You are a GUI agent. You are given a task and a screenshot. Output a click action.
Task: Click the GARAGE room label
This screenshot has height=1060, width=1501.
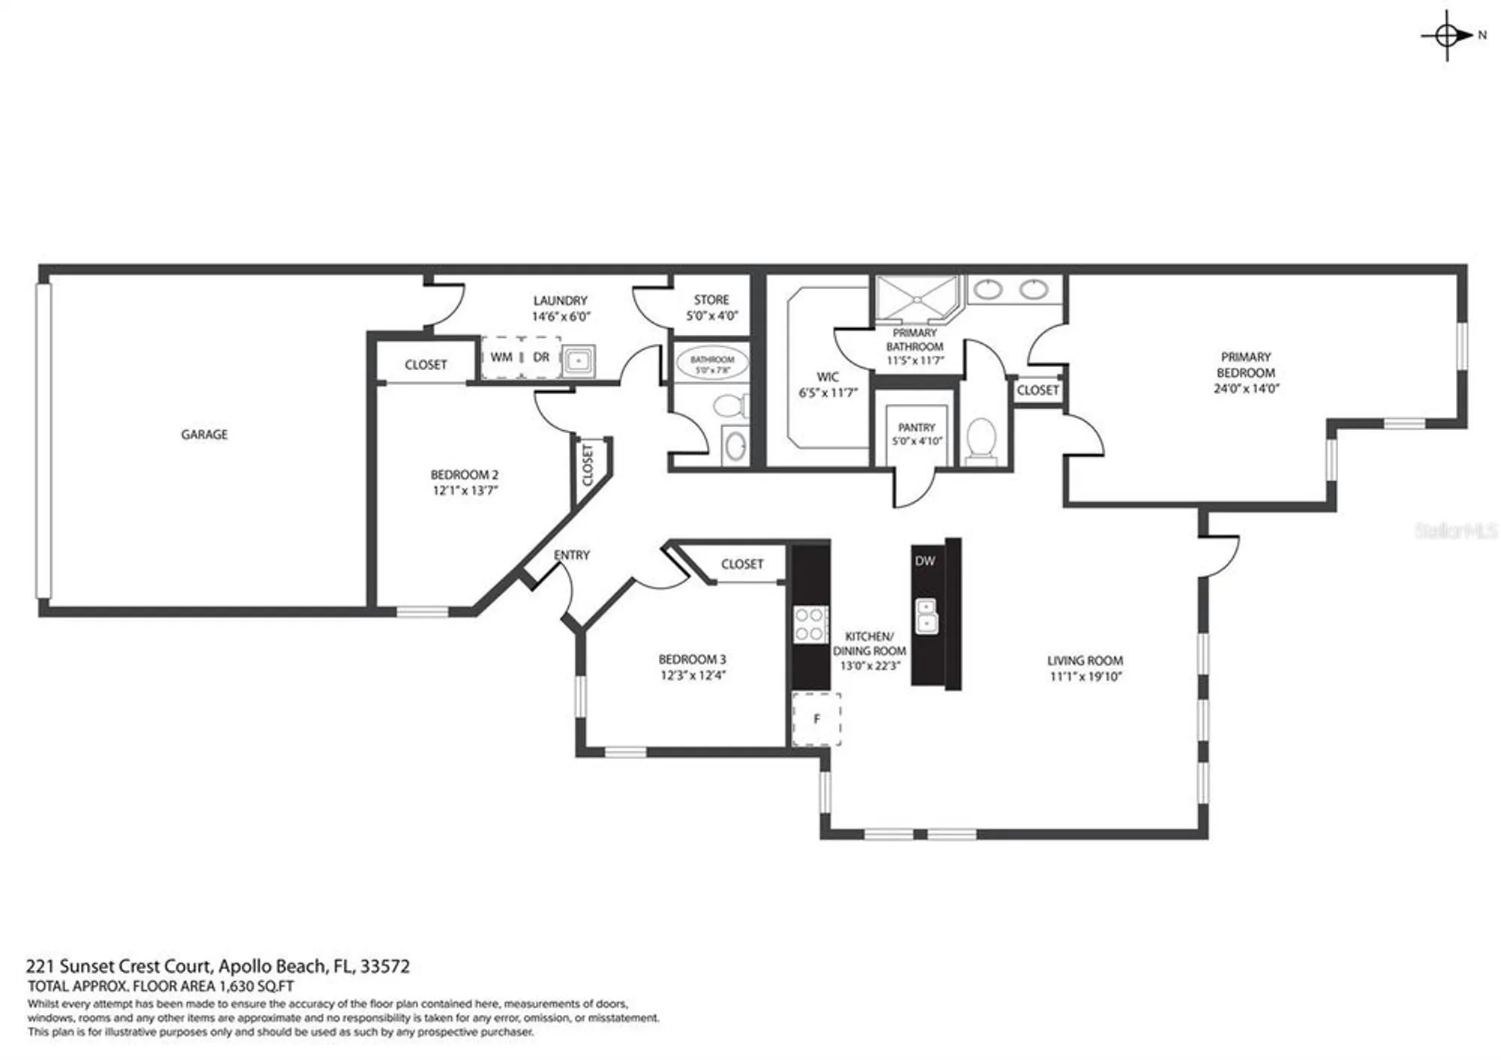[x=204, y=434]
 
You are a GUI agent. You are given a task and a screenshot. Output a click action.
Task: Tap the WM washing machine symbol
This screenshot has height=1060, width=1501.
[x=501, y=357]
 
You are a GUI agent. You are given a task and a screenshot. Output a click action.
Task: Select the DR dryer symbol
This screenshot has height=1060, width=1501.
[x=541, y=357]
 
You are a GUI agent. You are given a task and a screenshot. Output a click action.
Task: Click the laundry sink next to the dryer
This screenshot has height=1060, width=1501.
[x=579, y=360]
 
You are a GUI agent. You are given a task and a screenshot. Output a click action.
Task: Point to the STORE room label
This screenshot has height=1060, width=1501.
[x=711, y=300]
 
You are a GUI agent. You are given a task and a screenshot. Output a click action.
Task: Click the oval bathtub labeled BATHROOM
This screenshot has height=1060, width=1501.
[x=711, y=364]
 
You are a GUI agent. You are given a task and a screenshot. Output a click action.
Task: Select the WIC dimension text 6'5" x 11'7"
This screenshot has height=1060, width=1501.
[x=828, y=393]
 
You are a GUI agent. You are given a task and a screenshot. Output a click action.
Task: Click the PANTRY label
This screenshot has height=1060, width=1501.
[x=916, y=427]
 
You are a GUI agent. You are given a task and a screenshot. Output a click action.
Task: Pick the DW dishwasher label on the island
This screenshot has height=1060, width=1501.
[x=925, y=561]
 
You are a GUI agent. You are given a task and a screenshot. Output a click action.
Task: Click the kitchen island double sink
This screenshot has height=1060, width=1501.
[x=927, y=615]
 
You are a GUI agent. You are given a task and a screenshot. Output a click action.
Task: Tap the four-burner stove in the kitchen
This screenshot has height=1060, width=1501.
[x=810, y=624]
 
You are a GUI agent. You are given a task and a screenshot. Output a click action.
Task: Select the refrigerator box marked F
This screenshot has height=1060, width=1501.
[x=817, y=719]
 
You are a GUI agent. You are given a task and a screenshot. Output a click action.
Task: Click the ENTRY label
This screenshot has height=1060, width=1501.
[x=572, y=555]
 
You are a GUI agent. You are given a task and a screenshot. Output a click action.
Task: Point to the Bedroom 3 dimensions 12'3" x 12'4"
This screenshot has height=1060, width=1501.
[x=692, y=675]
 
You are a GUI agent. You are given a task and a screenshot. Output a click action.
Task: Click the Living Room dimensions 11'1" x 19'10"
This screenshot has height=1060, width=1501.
[x=1085, y=676]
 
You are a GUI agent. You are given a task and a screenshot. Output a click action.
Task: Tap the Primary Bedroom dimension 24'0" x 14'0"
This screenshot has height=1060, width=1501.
[x=1246, y=388]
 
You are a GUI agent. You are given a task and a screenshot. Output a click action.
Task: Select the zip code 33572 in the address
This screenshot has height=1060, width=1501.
[x=385, y=966]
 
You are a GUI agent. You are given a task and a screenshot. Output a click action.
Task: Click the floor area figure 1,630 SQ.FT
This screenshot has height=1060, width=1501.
[x=255, y=986]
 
